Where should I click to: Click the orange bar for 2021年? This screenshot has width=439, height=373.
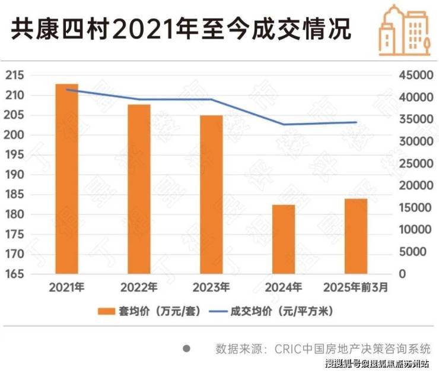[x=66, y=179]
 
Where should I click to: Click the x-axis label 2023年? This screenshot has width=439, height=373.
[x=211, y=288]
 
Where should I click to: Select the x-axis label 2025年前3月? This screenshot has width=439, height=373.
[x=356, y=288]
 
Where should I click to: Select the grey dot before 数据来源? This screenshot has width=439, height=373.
[x=186, y=348]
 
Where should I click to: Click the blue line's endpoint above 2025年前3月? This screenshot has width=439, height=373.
[x=356, y=122]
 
